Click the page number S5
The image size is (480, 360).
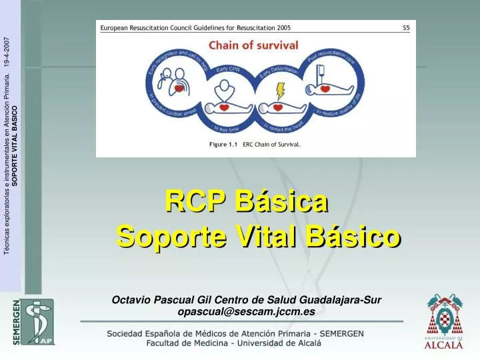point(406,28)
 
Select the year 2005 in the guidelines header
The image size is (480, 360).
point(282,28)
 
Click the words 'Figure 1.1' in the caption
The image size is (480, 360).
point(223,144)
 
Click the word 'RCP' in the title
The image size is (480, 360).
point(193,200)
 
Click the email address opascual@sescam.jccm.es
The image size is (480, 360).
point(246,311)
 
